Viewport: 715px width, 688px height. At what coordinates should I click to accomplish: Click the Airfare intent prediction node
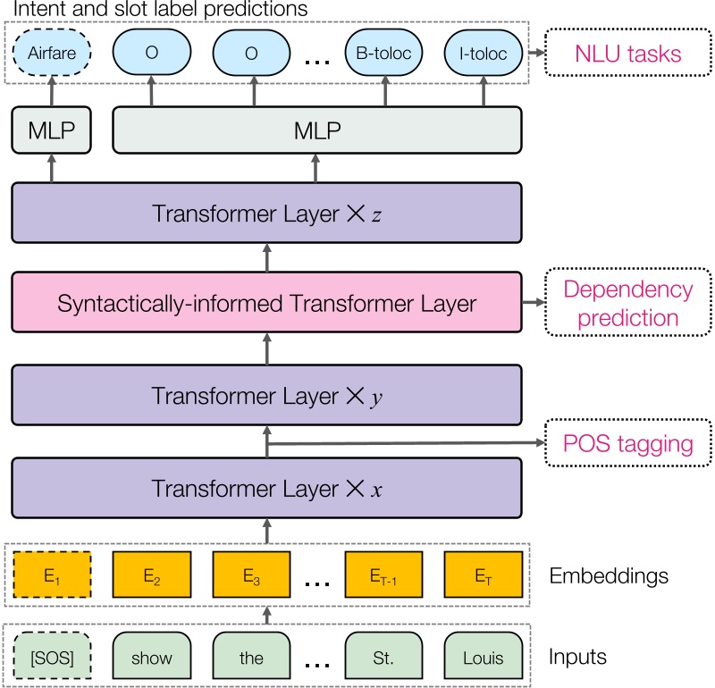(52, 55)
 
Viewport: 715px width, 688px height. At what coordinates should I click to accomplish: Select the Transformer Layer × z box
(266, 214)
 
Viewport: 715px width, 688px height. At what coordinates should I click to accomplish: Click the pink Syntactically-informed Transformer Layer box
(266, 304)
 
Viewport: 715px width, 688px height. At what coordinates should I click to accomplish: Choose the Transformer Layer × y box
(266, 394)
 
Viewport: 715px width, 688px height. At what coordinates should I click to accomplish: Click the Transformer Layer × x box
(266, 488)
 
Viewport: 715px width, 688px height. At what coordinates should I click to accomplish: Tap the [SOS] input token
(52, 658)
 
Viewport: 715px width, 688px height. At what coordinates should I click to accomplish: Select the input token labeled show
(151, 658)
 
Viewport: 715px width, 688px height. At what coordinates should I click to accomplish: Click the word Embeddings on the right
(610, 575)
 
